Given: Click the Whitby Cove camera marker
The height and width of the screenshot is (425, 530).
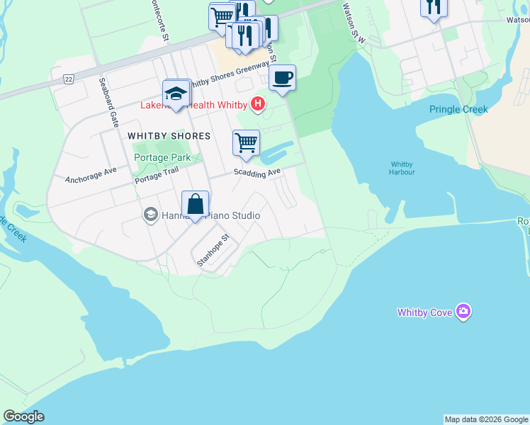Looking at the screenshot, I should click(463, 312).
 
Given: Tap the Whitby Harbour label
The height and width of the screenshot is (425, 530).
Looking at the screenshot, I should click(402, 169).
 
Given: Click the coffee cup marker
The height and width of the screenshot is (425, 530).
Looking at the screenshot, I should click(282, 78).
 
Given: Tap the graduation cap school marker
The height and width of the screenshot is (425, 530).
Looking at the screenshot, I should click(176, 93).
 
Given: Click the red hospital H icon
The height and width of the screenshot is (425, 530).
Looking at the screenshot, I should click(259, 105).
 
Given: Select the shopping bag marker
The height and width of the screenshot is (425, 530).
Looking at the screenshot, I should click(195, 205).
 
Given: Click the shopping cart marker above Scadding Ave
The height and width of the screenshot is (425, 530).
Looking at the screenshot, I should click(246, 142).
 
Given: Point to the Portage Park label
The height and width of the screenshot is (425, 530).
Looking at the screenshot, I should click(162, 157).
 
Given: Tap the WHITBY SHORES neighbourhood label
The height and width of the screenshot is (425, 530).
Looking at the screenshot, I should click(169, 135).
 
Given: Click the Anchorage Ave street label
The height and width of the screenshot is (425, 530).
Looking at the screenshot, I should click(90, 175).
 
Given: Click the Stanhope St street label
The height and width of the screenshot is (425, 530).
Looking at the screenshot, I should click(213, 249).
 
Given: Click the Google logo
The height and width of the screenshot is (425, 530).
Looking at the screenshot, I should click(23, 416).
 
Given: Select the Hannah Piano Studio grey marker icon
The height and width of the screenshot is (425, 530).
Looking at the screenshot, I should click(150, 215).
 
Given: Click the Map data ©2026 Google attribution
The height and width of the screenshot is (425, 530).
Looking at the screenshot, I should click(487, 419).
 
